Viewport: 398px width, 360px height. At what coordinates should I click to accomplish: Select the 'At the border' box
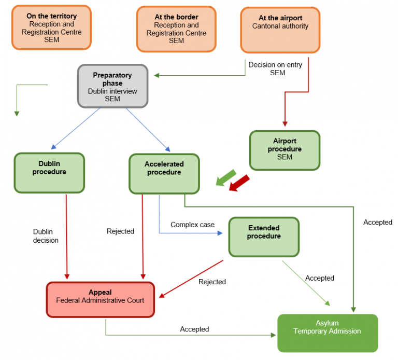tap(176, 29)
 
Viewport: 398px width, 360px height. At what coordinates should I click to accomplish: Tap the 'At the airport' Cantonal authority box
tap(280, 29)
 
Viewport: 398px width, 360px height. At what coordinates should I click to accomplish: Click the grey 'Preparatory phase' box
tap(113, 86)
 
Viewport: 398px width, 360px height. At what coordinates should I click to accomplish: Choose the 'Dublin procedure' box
tap(49, 173)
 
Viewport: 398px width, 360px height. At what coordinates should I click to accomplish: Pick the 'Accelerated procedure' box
tap(164, 173)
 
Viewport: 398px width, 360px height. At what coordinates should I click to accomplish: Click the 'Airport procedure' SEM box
tap(285, 150)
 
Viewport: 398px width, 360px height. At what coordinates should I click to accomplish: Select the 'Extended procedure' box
tap(264, 237)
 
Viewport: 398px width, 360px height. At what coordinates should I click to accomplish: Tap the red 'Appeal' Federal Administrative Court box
tap(101, 299)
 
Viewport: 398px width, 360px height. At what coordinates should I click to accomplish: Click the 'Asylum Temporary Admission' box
tap(328, 333)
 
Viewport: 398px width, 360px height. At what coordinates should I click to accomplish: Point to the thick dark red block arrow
tap(239, 183)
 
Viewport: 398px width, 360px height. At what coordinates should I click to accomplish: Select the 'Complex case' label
tap(192, 225)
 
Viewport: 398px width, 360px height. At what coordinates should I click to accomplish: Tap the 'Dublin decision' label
tap(46, 236)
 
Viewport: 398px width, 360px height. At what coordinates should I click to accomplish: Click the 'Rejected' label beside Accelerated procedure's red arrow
tap(120, 231)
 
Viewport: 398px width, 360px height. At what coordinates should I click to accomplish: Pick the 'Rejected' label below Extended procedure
tap(212, 282)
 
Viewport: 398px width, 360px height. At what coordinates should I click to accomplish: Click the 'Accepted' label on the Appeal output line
tap(194, 329)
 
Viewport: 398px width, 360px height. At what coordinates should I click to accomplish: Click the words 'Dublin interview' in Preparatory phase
tap(112, 91)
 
